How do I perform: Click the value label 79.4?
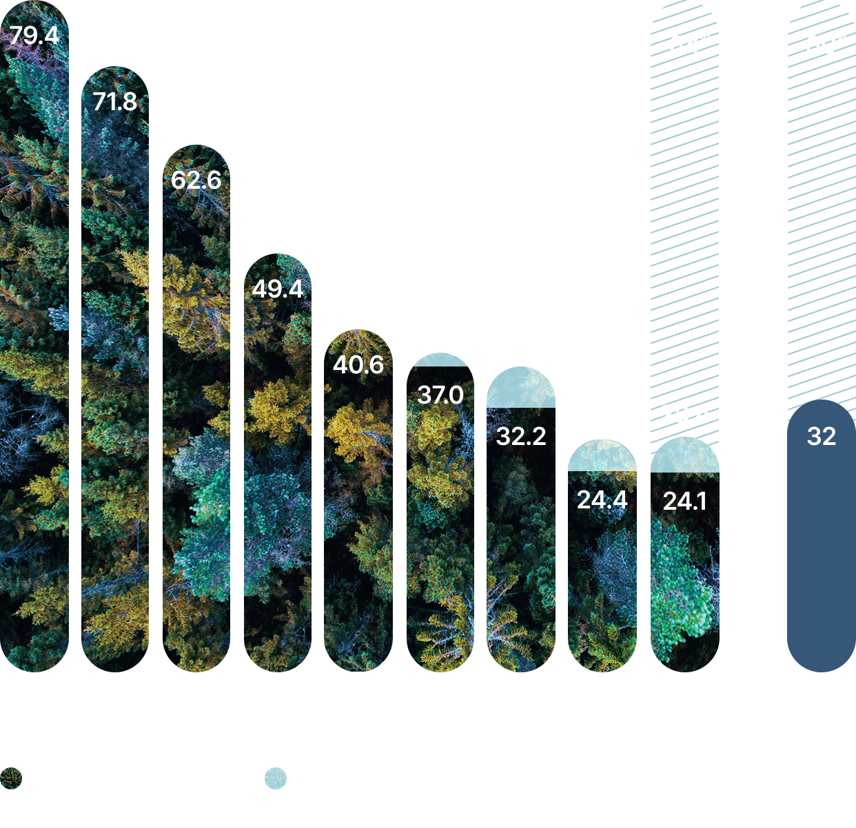click(34, 35)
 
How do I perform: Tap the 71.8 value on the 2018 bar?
click(115, 102)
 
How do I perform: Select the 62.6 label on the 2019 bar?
click(196, 180)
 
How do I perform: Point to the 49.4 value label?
click(278, 289)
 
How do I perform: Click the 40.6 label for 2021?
click(358, 364)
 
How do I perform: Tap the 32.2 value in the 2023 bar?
click(521, 437)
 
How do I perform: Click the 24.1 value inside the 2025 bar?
click(685, 501)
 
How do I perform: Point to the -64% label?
click(685, 45)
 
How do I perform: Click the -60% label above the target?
click(822, 45)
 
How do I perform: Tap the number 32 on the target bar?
click(822, 436)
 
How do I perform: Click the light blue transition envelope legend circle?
click(276, 778)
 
